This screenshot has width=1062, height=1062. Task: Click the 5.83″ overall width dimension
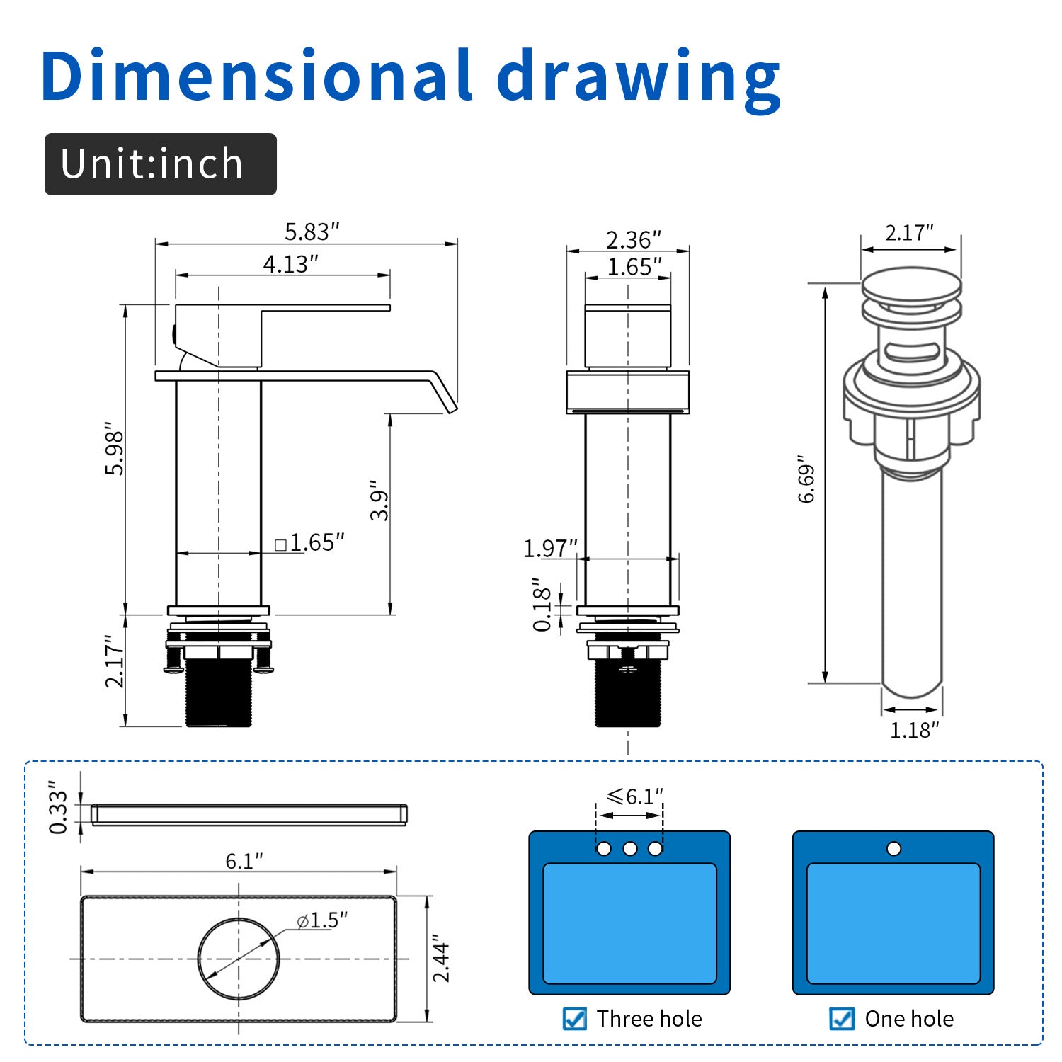312,232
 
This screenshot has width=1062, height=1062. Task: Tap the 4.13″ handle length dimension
291,264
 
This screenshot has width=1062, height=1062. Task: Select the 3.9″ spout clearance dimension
379,505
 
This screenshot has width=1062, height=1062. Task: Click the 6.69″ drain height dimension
807,479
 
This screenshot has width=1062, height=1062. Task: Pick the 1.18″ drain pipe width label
914,730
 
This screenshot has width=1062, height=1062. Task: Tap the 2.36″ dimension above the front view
634,240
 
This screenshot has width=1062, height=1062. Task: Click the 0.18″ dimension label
542,604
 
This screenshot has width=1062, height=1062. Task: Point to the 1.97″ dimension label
551,549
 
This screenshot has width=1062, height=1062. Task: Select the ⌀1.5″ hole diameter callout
322,920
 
